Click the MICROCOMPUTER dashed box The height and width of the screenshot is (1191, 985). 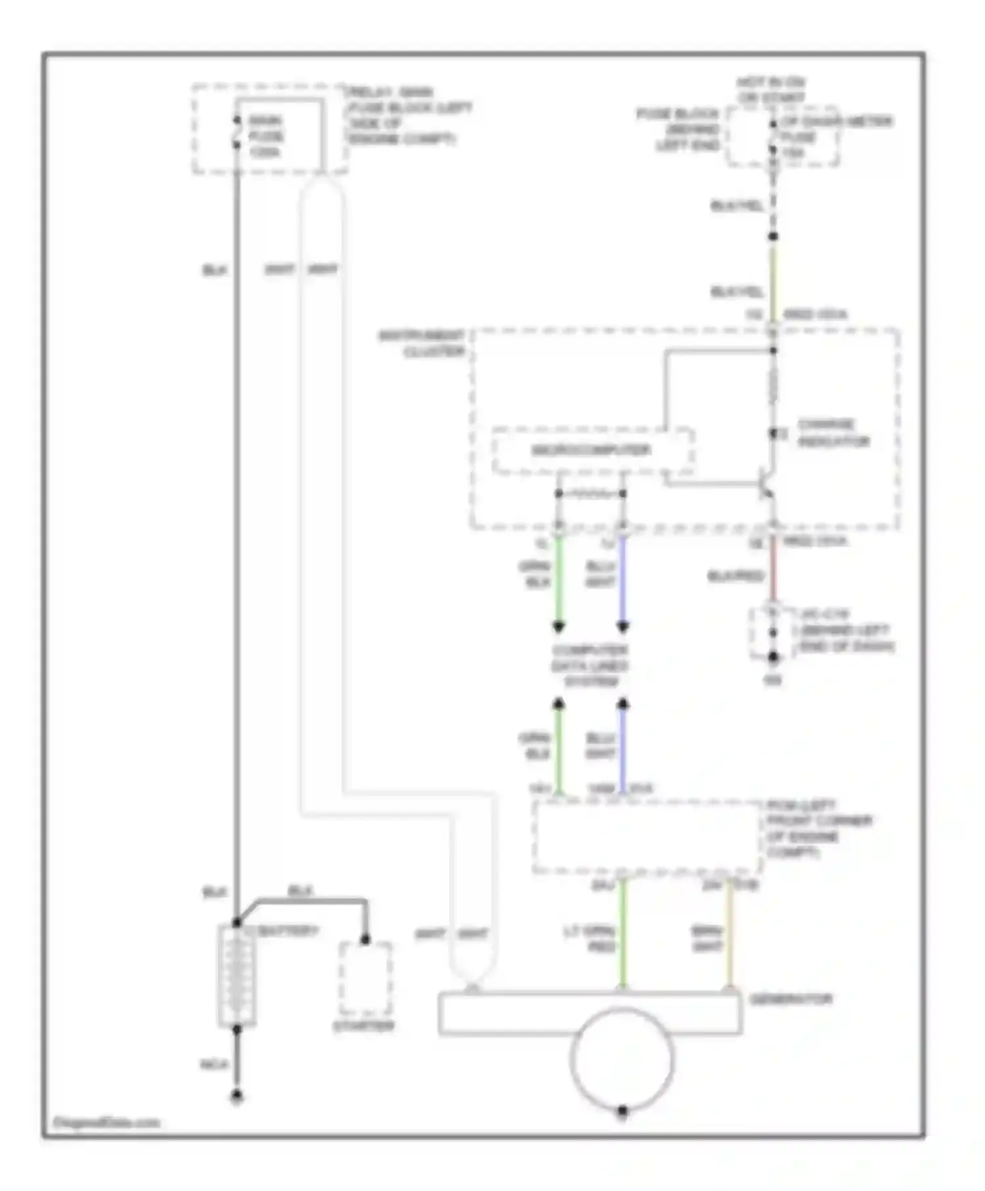592,450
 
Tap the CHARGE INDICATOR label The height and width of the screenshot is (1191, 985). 833,433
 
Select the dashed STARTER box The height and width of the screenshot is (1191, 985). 365,979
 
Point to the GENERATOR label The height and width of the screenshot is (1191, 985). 791,999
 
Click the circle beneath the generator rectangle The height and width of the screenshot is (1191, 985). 622,1058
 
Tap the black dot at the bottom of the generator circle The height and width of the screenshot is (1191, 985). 623,1111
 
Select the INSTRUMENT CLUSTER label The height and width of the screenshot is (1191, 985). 423,343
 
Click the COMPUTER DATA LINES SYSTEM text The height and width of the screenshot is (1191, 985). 590,666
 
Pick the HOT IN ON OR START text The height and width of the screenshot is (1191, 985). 771,90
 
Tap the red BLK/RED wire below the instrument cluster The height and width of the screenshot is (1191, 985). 773,569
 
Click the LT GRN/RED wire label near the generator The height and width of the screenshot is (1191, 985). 590,938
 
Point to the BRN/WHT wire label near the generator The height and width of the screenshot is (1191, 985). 707,938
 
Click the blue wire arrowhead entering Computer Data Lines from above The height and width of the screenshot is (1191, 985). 623,626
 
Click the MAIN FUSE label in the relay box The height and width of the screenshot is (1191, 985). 266,136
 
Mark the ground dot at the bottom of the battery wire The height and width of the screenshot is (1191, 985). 237,1095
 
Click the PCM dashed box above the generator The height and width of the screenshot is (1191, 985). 646,836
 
